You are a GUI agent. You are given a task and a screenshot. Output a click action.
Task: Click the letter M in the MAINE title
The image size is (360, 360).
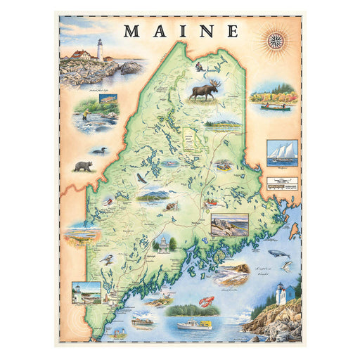tap(132, 31)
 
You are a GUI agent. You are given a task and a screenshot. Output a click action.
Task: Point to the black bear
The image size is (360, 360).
tap(84, 166)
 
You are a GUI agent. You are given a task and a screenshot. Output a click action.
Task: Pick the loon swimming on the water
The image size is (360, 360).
tap(96, 150)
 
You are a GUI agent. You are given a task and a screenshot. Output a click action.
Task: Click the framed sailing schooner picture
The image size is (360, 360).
tap(282, 153)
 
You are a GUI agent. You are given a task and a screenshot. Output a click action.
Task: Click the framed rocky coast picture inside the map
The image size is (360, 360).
tap(229, 224)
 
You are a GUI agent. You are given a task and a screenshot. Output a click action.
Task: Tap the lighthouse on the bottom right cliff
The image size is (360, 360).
tap(280, 293)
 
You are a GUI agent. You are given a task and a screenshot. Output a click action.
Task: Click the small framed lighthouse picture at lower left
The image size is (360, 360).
tap(86, 292)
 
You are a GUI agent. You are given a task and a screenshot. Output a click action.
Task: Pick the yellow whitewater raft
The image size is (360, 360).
tap(211, 203)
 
